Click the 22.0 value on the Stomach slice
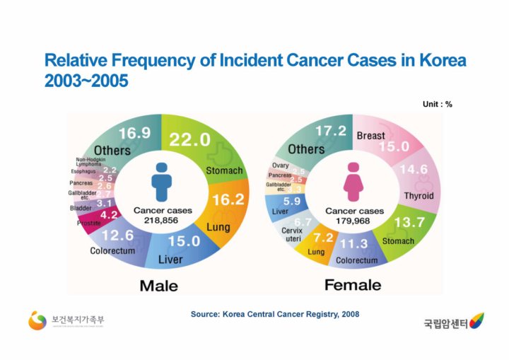pyautogui.click(x=189, y=140)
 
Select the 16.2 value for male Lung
pyautogui.click(x=228, y=200)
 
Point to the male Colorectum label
pyautogui.click(x=112, y=251)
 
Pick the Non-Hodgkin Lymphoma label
pyautogui.click(x=88, y=162)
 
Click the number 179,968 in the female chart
pyautogui.click(x=352, y=221)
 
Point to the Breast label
pyautogui.click(x=370, y=135)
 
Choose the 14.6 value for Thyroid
pyautogui.click(x=414, y=170)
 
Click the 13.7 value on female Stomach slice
pyautogui.click(x=409, y=222)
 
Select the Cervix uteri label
pyautogui.click(x=292, y=235)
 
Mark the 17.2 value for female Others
pyautogui.click(x=330, y=132)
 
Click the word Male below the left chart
pyautogui.click(x=158, y=286)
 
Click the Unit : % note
pyautogui.click(x=437, y=104)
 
